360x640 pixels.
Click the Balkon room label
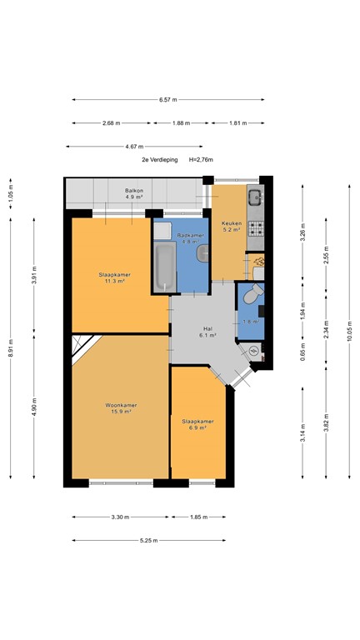click(134, 194)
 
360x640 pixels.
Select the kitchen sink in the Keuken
click(255, 197)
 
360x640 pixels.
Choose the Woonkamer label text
click(121, 408)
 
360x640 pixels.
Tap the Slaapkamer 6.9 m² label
click(197, 425)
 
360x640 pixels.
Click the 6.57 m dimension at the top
click(169, 100)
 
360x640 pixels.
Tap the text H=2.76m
click(200, 159)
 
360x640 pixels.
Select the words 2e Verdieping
click(156, 159)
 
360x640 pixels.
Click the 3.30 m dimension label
click(120, 517)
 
